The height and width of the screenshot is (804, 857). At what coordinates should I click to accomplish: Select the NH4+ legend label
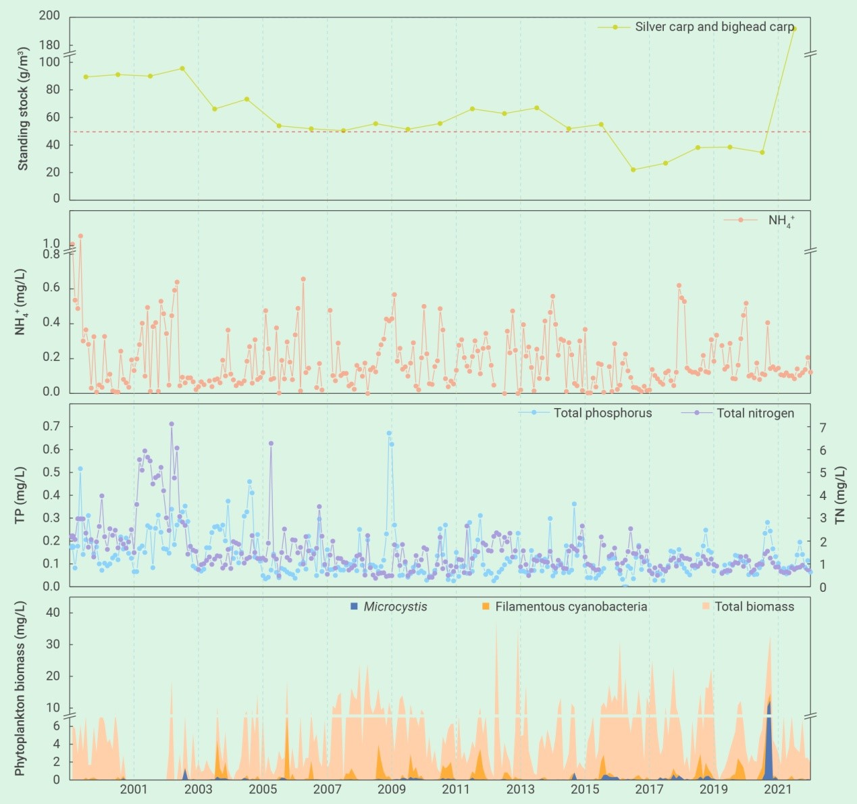coord(781,220)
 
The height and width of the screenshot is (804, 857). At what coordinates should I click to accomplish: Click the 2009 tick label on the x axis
coord(391,789)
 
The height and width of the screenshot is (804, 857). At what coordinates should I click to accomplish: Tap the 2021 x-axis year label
coord(778,789)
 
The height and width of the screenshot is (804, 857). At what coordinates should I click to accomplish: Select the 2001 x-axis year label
coord(134,789)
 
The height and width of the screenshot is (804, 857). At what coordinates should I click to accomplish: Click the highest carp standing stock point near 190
coord(794,29)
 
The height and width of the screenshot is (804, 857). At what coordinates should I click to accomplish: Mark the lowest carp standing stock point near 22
coord(633,170)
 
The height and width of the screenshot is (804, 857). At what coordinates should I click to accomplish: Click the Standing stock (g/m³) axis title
coord(23,109)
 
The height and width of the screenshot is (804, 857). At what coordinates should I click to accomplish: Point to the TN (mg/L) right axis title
coord(840,495)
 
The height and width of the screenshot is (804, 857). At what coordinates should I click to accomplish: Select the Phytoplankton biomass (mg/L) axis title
coord(20,688)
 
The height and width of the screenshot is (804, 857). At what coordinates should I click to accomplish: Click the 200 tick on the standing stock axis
coord(49,16)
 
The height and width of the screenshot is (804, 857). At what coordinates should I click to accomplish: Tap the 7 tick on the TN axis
coord(823,428)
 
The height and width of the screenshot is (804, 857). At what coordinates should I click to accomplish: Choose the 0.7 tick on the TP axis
coord(52,426)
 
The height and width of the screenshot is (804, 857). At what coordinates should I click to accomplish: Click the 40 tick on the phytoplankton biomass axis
coord(52,612)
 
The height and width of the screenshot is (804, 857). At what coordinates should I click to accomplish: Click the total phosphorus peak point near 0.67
coord(389,433)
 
